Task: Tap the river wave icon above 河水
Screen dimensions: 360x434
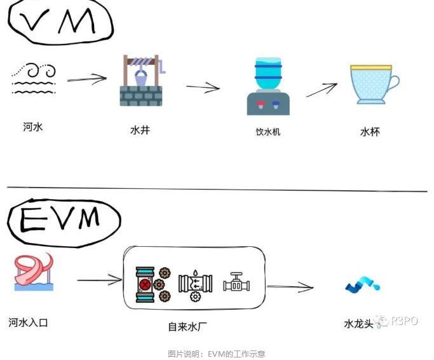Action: click(34, 78)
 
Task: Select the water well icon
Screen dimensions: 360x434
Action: click(141, 80)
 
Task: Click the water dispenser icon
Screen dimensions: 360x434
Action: click(268, 86)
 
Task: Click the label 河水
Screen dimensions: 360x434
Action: click(33, 127)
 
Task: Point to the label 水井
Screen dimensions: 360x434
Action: click(140, 130)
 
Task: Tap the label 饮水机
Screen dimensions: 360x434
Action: click(268, 132)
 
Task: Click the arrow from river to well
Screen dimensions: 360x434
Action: click(86, 80)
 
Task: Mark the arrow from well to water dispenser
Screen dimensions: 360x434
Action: click(203, 87)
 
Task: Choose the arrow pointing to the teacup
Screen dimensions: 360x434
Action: click(322, 90)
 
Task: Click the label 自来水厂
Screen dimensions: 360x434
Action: click(187, 327)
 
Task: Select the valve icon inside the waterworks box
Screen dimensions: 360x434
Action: click(236, 282)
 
